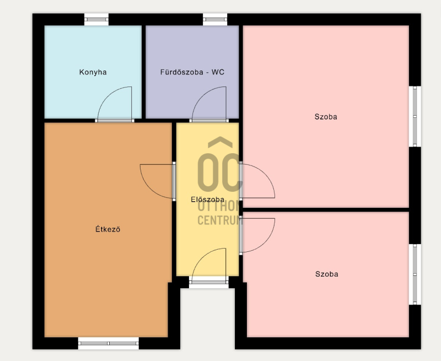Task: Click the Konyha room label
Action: [x=93, y=72]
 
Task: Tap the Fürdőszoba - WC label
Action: [x=192, y=72]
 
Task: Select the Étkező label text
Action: [x=107, y=229]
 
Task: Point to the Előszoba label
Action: [x=208, y=200]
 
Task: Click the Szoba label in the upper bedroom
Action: [x=326, y=117]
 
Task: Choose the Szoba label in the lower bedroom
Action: [x=326, y=274]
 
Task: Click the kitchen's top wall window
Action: [x=96, y=19]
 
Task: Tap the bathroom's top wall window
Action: [x=215, y=19]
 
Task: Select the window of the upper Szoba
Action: [x=415, y=116]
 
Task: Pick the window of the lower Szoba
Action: [x=415, y=274]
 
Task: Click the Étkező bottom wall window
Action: [x=108, y=343]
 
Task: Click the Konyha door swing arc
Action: [x=107, y=95]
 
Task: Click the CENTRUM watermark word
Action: [x=219, y=220]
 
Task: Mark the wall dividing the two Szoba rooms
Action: [x=326, y=210]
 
